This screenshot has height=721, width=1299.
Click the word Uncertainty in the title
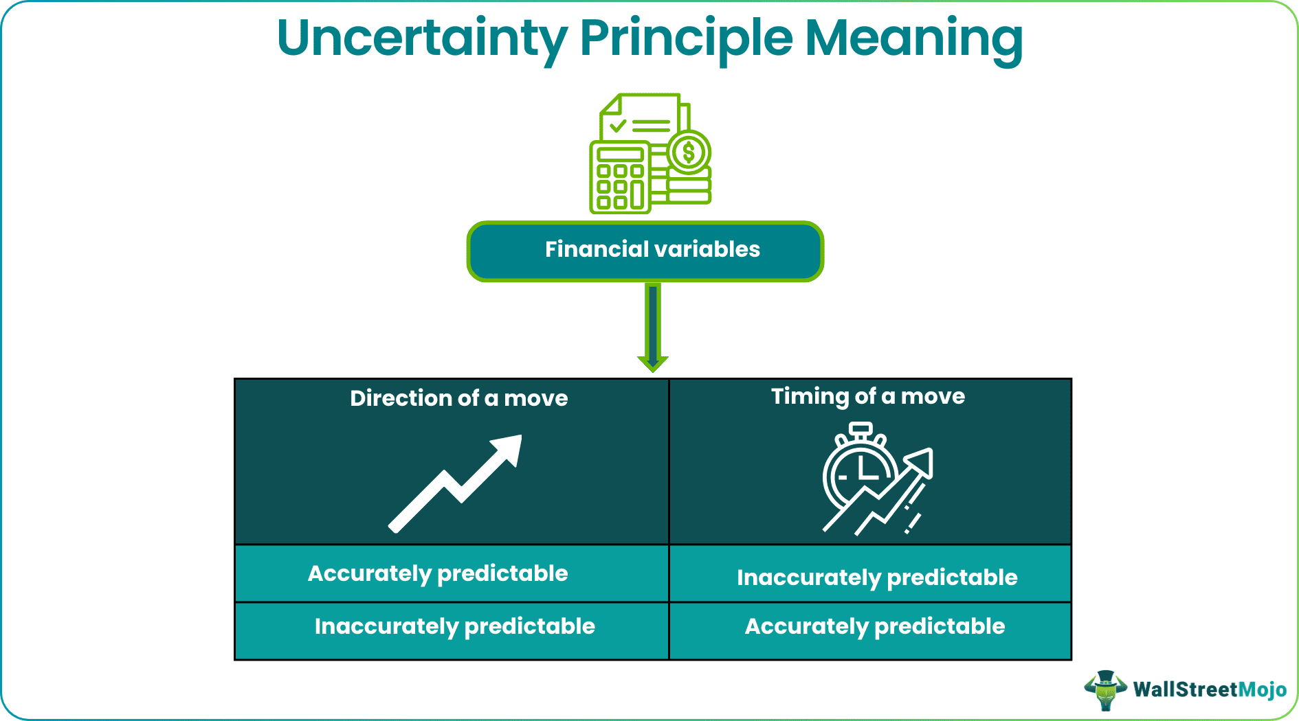point(422,38)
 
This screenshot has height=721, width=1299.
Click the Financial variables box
point(645,251)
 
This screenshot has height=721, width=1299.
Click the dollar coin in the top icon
point(689,152)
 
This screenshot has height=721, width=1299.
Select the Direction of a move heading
point(458,398)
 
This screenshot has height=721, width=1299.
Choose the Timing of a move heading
point(867,396)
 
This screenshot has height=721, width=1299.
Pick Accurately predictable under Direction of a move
point(438,573)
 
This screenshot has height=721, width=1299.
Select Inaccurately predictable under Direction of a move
point(454,626)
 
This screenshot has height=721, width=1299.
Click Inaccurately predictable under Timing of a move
point(876,577)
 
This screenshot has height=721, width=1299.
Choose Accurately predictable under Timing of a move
point(874,626)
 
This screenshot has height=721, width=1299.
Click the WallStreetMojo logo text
point(1209,689)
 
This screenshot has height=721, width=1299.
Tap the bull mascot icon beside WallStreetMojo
point(1105,689)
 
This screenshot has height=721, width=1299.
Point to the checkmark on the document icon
point(618,126)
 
